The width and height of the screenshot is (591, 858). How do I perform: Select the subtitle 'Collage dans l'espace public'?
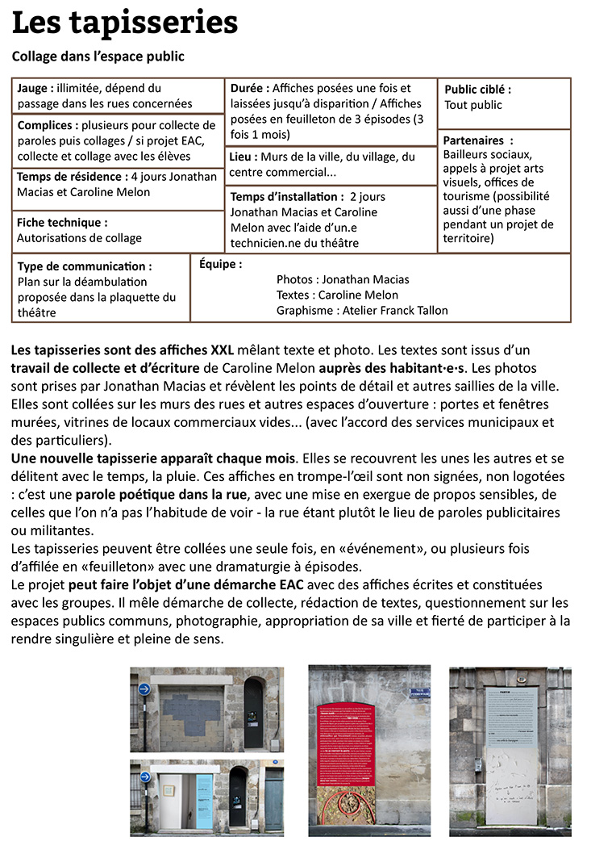(x=98, y=57)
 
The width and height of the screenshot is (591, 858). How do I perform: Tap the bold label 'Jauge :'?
(x=36, y=88)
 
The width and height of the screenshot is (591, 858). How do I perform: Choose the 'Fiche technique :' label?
(x=62, y=222)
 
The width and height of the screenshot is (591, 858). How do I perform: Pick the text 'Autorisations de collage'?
(x=79, y=238)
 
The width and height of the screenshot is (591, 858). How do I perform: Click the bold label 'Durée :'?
(x=250, y=87)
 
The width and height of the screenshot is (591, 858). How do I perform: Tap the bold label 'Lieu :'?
(x=243, y=157)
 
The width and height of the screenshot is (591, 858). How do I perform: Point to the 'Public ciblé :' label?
(x=477, y=90)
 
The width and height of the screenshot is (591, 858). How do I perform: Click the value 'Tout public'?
(x=473, y=105)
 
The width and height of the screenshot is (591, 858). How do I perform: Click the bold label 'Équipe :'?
(x=220, y=264)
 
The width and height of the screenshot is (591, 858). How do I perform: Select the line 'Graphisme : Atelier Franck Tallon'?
(x=362, y=310)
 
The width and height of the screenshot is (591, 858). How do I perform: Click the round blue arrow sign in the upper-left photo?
(x=144, y=689)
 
